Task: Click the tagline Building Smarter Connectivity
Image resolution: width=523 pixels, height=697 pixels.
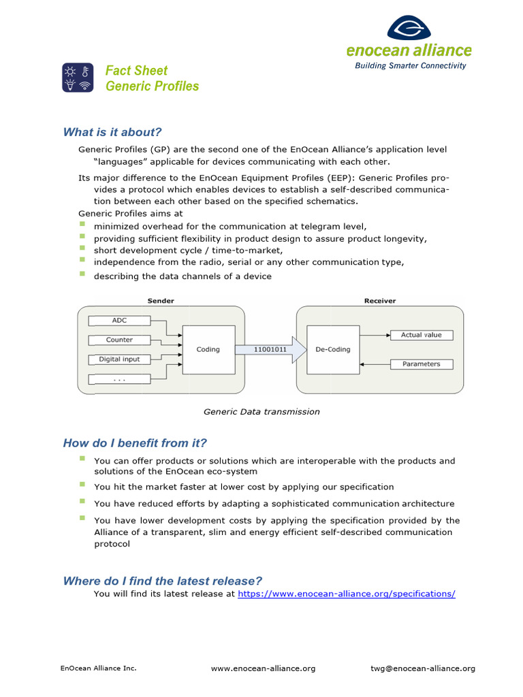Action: pyautogui.click(x=411, y=66)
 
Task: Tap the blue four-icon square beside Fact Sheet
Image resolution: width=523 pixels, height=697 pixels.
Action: pyautogui.click(x=78, y=78)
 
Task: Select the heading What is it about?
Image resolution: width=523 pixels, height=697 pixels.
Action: pyautogui.click(x=112, y=132)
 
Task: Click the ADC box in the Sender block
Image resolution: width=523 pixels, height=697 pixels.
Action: pyautogui.click(x=119, y=320)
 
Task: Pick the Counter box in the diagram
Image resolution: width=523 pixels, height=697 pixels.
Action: pyautogui.click(x=119, y=340)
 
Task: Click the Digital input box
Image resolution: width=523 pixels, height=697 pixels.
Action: pyautogui.click(x=119, y=359)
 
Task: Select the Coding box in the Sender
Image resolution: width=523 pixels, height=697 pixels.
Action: pyautogui.click(x=208, y=349)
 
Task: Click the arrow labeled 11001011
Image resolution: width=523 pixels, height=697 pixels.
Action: pyautogui.click(x=270, y=349)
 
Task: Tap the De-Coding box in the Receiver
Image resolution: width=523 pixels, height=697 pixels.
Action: pyautogui.click(x=333, y=349)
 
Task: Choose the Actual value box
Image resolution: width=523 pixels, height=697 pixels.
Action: pyautogui.click(x=421, y=335)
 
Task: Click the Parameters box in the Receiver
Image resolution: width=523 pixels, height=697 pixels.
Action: pyautogui.click(x=421, y=364)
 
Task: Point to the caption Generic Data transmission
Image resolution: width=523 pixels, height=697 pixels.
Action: pyautogui.click(x=261, y=412)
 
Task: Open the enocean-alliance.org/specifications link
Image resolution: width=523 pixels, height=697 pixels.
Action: pyautogui.click(x=346, y=594)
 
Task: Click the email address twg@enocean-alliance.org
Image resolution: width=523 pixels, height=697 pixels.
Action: pyautogui.click(x=423, y=668)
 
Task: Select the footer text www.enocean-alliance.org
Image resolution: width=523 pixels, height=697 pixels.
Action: pyautogui.click(x=263, y=668)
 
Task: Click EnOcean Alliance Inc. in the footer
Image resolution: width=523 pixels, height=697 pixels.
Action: pyautogui.click(x=99, y=668)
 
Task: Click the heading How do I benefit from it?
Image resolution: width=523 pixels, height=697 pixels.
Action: pyautogui.click(x=135, y=443)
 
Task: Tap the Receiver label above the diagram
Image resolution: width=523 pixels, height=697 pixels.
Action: pyautogui.click(x=379, y=301)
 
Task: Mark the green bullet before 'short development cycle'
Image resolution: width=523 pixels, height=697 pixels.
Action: pyautogui.click(x=82, y=248)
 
